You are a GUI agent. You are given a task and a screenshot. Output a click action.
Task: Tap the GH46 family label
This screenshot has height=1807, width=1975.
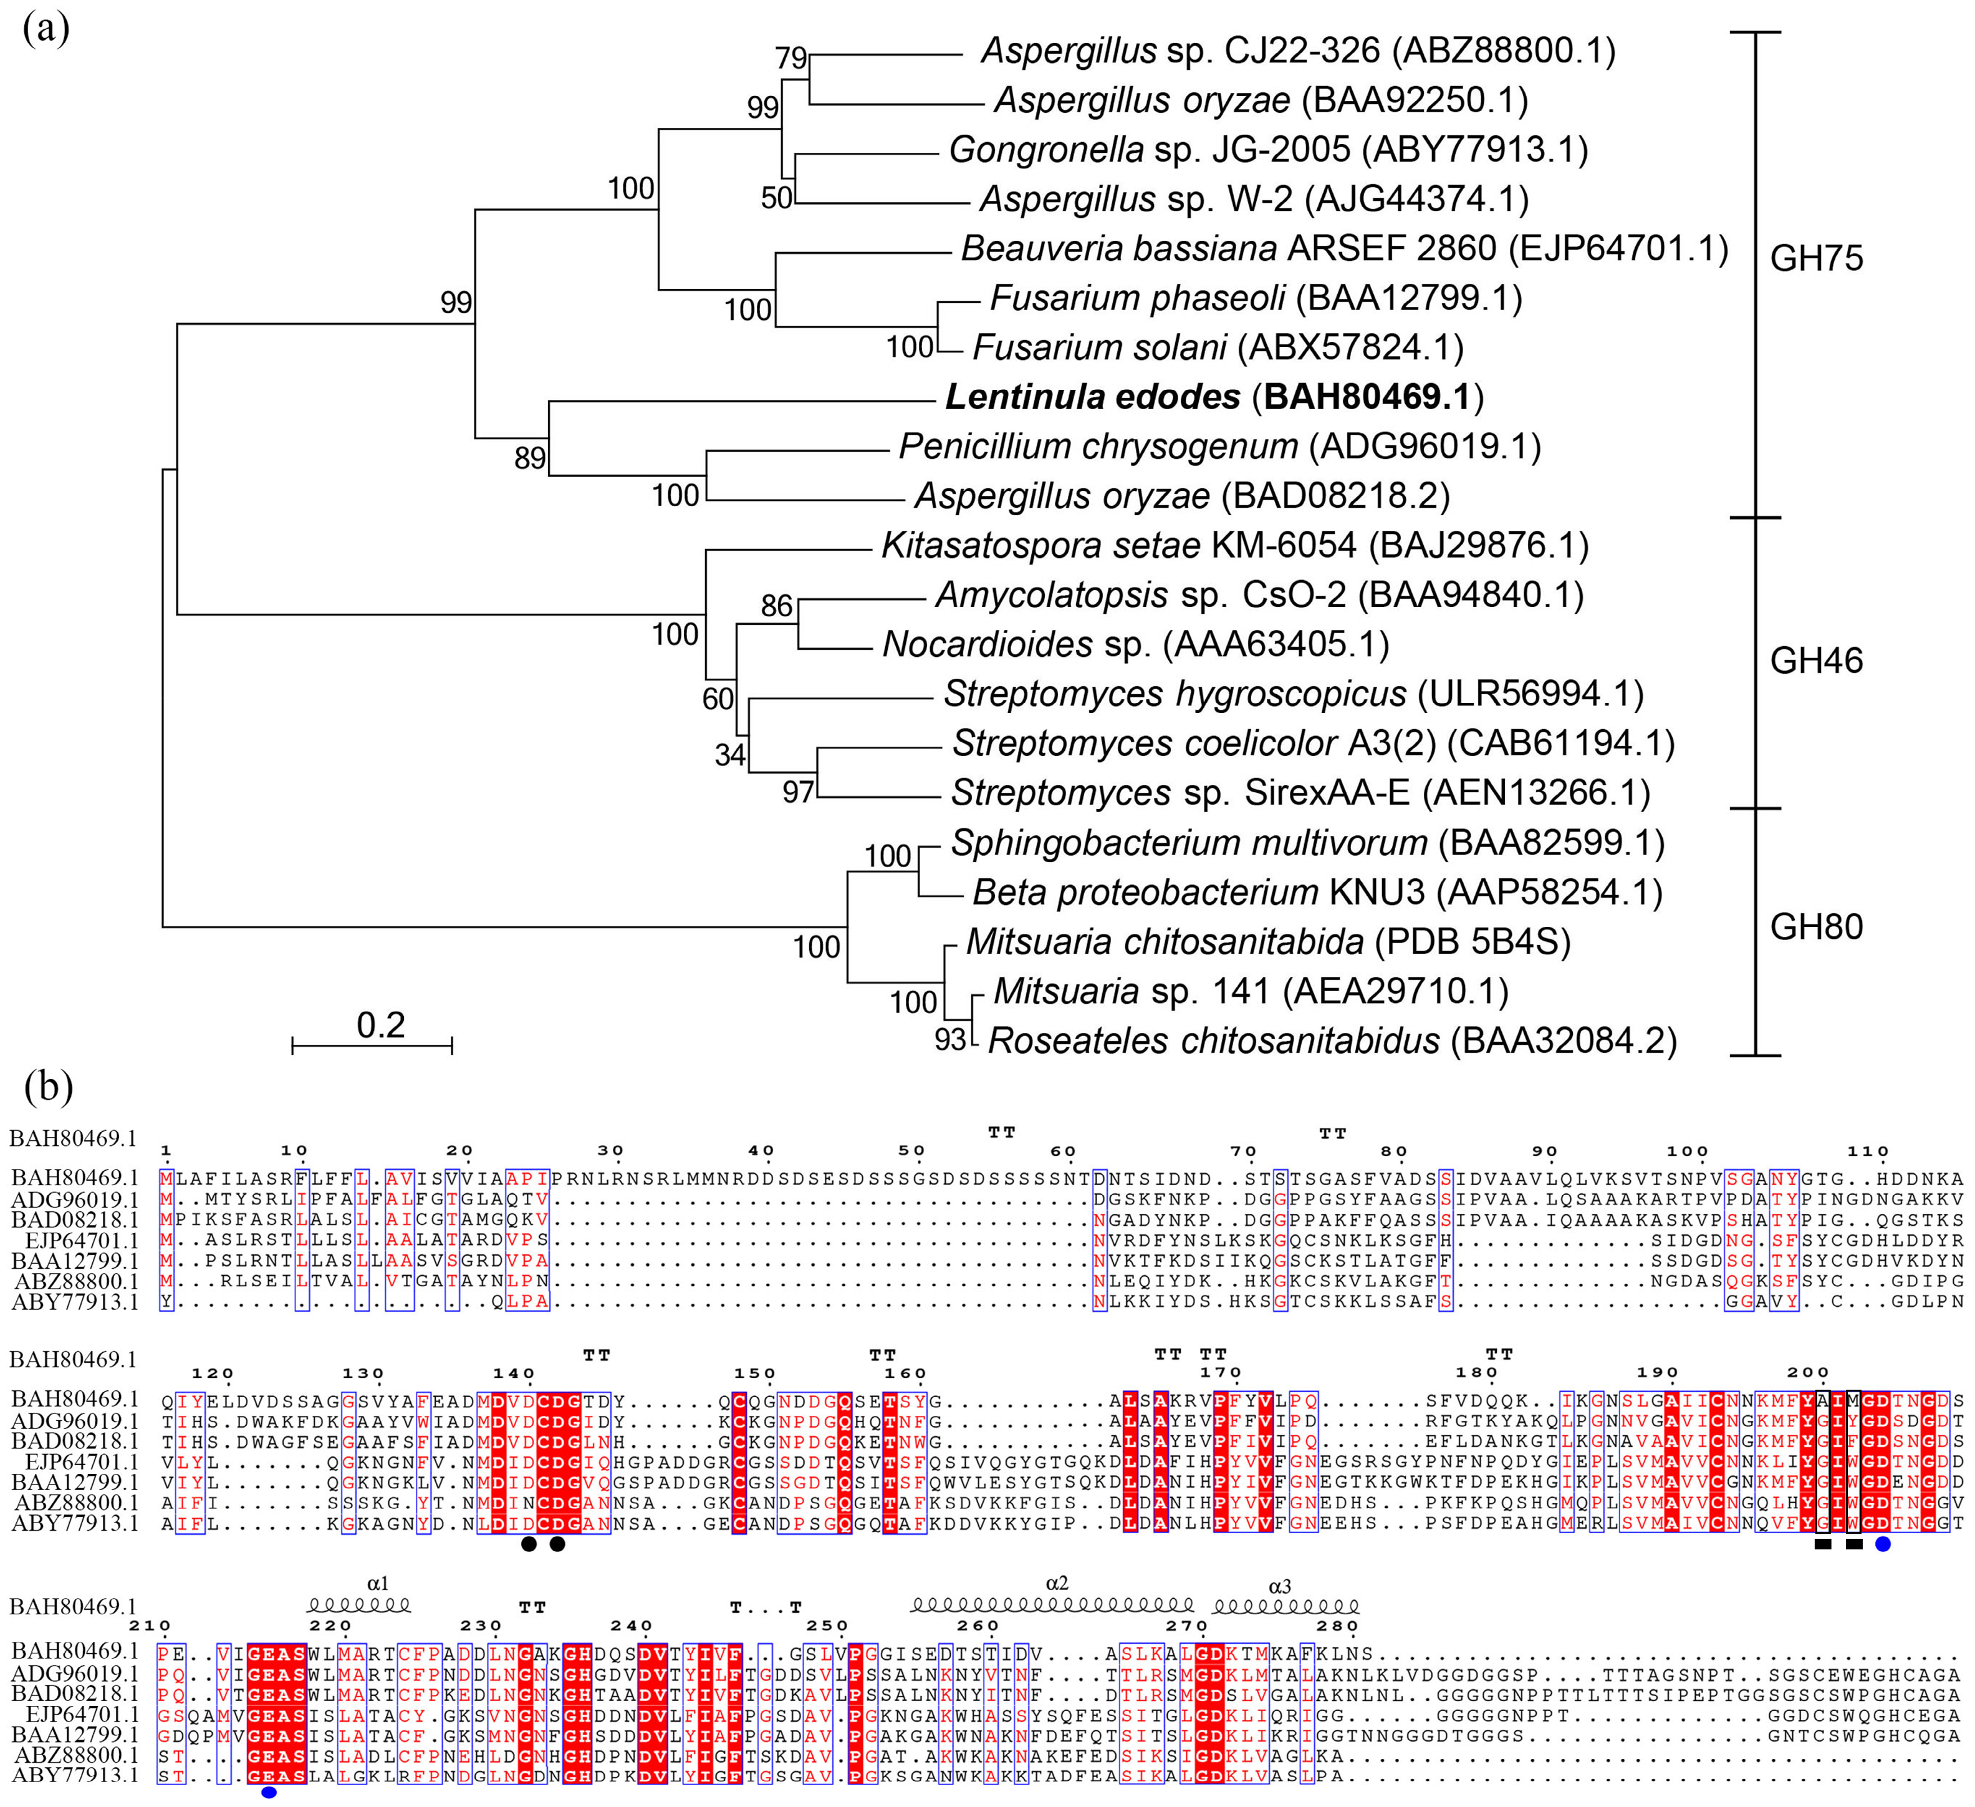[1816, 661]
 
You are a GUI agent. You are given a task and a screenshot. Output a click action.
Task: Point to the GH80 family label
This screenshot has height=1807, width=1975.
[1816, 926]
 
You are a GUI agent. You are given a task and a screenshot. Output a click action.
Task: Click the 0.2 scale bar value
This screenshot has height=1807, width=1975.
[380, 1025]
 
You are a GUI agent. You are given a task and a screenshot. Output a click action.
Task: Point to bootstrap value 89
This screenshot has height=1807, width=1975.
[530, 458]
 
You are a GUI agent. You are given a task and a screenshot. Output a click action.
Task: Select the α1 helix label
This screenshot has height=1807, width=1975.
[378, 1582]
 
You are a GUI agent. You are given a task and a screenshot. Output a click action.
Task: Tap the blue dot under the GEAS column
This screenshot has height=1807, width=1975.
[269, 1792]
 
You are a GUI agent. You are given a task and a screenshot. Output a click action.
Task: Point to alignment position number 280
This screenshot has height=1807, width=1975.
[1338, 1625]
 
